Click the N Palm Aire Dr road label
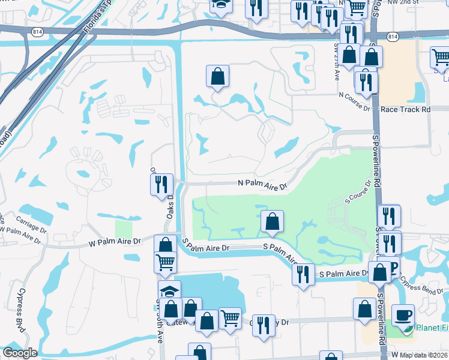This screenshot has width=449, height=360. click(263, 184)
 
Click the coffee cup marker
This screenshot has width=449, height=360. click(403, 314)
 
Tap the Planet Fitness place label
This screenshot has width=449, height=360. click(432, 328)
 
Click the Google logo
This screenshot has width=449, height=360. click(20, 353)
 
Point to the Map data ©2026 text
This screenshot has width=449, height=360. click(424, 355)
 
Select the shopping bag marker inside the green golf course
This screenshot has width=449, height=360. click(273, 221)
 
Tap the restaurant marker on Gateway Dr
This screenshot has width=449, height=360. click(263, 325)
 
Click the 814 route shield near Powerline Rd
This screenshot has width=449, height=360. click(393, 37)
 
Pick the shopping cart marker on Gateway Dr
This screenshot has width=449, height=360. click(230, 318)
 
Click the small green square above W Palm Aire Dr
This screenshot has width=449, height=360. click(123, 229)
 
